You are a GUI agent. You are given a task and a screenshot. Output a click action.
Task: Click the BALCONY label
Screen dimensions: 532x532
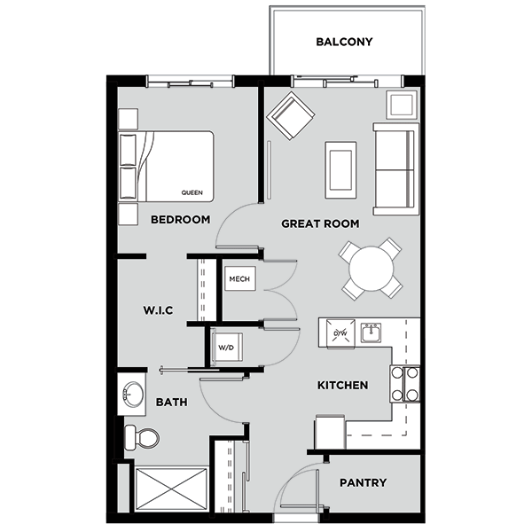[343, 42]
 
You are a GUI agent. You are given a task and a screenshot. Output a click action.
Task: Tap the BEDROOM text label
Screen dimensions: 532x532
[180, 219]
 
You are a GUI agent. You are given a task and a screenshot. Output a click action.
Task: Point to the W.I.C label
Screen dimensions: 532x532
[157, 309]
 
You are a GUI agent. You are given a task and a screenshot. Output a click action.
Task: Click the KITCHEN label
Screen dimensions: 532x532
[342, 386]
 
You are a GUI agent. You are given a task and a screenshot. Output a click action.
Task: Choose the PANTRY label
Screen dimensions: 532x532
[363, 483]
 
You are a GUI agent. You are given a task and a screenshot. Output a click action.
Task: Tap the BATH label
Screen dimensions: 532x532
[171, 402]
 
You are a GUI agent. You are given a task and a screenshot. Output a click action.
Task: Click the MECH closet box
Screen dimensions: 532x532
[239, 280]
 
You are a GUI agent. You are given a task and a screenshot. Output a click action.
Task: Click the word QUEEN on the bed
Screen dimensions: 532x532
[192, 192]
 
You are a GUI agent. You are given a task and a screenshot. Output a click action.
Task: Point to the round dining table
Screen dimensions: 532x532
[369, 268]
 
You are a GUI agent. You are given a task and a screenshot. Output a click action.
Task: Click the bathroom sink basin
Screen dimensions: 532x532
[133, 395]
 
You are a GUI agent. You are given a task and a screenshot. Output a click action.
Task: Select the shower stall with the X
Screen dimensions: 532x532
[169, 489]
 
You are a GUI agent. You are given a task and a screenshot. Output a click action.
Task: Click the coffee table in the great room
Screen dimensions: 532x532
[341, 168]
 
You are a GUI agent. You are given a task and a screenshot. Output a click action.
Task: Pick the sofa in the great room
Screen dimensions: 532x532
[395, 168]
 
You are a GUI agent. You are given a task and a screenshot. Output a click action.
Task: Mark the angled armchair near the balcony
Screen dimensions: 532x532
[292, 116]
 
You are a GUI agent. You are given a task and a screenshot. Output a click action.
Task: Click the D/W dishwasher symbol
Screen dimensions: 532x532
[340, 333]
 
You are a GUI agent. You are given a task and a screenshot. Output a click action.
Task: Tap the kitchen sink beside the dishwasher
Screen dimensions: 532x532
[370, 333]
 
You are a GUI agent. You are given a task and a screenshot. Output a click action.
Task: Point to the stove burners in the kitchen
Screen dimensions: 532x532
[405, 385]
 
